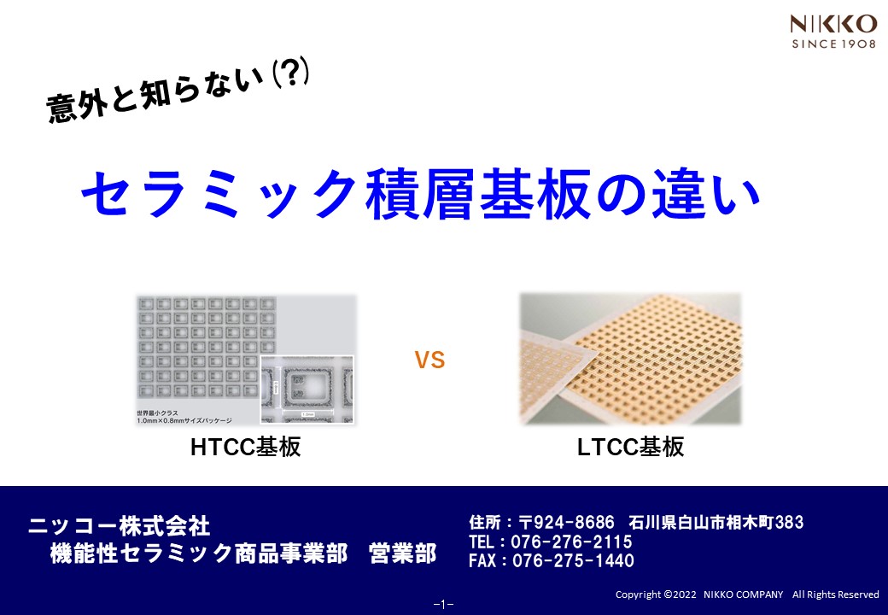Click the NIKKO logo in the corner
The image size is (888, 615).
832,22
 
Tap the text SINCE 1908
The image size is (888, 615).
832,44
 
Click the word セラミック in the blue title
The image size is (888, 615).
218,194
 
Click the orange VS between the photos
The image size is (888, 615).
430,360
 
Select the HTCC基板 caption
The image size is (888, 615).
245,447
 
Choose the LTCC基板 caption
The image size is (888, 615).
630,447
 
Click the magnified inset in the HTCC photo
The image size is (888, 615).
306,389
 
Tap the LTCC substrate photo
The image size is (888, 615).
630,359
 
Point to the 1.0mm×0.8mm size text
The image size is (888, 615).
184,420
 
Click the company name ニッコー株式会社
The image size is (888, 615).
119,524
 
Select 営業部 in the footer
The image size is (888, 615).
402,553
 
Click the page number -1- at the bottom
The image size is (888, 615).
443,604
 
